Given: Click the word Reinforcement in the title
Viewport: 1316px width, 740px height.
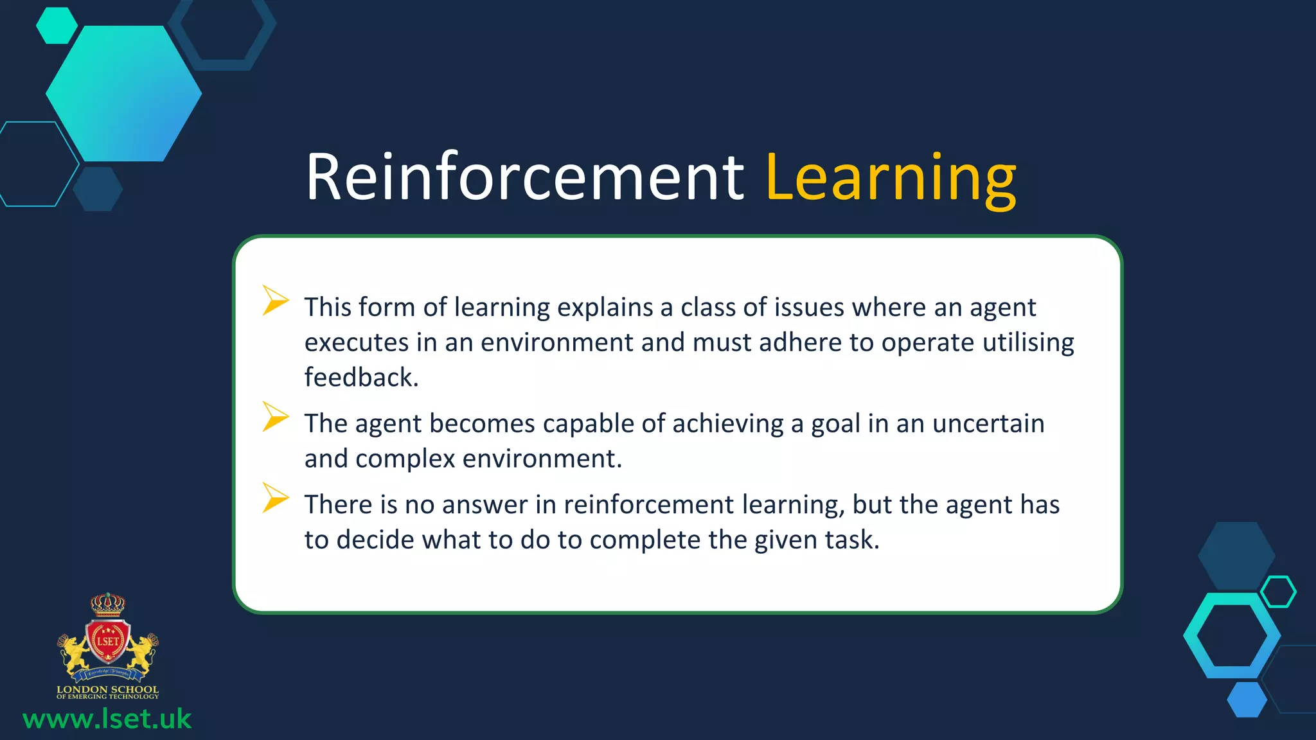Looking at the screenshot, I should tap(524, 177).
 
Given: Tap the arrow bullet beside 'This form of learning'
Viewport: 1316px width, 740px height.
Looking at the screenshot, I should tap(275, 301).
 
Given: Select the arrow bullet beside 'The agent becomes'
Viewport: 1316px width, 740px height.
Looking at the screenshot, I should tap(275, 417).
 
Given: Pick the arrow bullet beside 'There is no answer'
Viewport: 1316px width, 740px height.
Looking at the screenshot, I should tap(275, 498).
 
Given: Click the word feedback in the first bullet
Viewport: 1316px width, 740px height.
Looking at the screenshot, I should tap(360, 377).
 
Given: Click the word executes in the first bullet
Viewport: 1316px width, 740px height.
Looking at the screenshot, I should tap(356, 342).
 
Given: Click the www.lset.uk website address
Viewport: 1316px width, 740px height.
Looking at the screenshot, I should tap(107, 719).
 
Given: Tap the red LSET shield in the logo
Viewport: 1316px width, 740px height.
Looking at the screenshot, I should tap(108, 641).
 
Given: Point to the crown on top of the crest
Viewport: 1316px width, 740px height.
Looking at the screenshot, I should tap(107, 604).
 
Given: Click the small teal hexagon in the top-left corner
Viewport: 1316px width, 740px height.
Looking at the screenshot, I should tap(57, 26).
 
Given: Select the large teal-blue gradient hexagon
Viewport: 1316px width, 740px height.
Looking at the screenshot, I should tap(124, 94).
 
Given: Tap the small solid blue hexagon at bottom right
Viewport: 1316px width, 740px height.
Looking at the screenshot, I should tap(1247, 700).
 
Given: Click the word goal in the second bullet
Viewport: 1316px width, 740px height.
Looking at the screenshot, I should tap(835, 424).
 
